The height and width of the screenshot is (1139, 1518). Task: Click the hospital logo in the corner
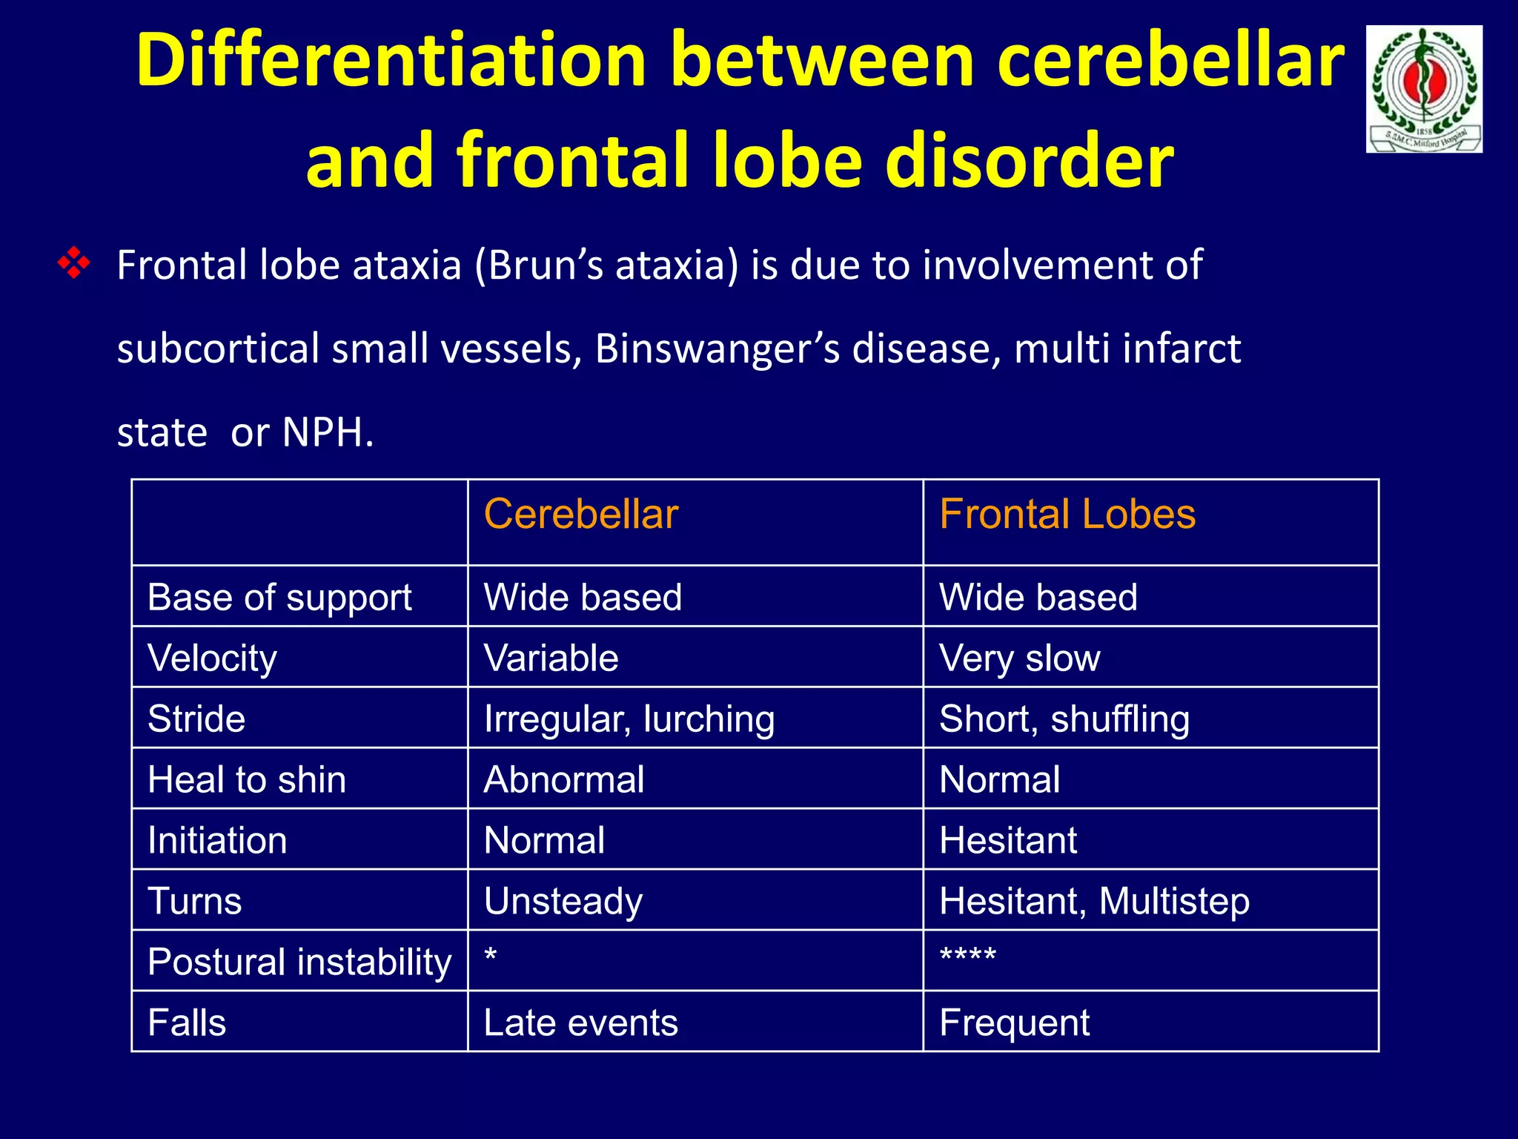1424,89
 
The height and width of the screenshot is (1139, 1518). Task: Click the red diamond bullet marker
74,264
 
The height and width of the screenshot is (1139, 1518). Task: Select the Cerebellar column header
580,515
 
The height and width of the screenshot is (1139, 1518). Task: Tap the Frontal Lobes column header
1067,515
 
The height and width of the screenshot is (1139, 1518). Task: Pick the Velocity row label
212,658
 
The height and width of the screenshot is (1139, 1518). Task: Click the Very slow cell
1019,658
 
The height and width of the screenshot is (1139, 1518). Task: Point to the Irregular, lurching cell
629,719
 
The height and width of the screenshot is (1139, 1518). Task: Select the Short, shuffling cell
1064,719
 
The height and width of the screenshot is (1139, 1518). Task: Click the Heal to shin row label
247,780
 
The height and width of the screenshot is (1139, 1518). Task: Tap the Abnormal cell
563,780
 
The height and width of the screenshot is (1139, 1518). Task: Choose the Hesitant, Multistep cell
1094,902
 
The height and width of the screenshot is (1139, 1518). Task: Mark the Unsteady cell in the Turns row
563,902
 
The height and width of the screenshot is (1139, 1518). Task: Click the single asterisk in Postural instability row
491,955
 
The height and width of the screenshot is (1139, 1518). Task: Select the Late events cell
580,1023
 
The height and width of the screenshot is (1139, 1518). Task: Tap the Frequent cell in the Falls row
1014,1023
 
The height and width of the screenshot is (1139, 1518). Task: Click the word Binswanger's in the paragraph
717,349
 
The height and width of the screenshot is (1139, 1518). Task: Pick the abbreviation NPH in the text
323,432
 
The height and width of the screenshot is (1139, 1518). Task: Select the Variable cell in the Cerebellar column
551,658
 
